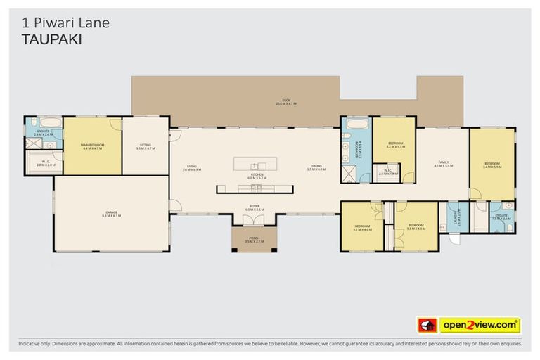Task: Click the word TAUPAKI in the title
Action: point(47,40)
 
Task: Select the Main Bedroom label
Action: point(92,146)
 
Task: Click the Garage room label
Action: point(111,214)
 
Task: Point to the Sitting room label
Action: point(143,147)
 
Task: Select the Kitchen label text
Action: point(253,176)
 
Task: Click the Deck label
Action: point(286,102)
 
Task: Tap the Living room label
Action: point(191,168)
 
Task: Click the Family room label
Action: point(443,164)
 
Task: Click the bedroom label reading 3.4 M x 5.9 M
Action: point(491,165)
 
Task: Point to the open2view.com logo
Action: point(479,325)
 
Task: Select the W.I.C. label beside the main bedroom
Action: point(45,163)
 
